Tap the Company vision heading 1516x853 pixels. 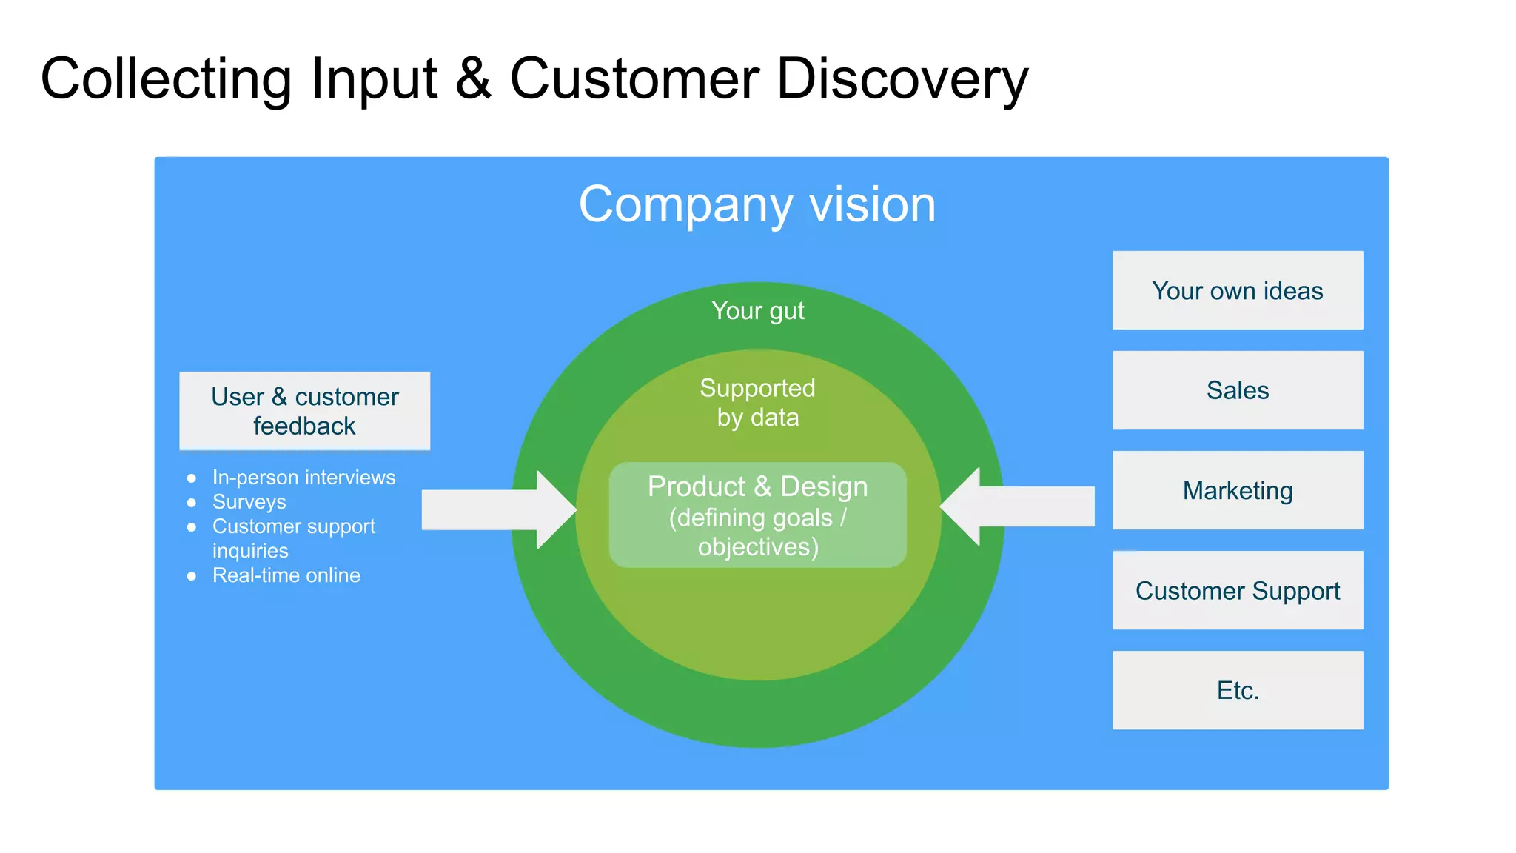point(757,204)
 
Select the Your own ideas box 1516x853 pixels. point(1237,290)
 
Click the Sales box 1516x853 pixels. point(1237,390)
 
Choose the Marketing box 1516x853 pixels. point(1237,490)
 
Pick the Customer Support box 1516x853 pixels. point(1237,590)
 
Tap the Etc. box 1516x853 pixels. point(1237,690)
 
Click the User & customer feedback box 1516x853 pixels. point(304,411)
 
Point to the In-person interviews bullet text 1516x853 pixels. point(303,477)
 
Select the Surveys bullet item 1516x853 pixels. point(249,502)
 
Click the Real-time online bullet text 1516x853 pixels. point(286,575)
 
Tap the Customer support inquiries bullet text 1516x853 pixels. point(293,538)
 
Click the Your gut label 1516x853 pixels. point(757,311)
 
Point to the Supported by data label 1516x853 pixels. point(757,402)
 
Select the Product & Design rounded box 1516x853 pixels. point(757,515)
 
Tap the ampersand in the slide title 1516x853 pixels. point(473,78)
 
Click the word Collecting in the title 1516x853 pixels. point(166,78)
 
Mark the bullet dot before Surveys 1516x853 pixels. point(192,503)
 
